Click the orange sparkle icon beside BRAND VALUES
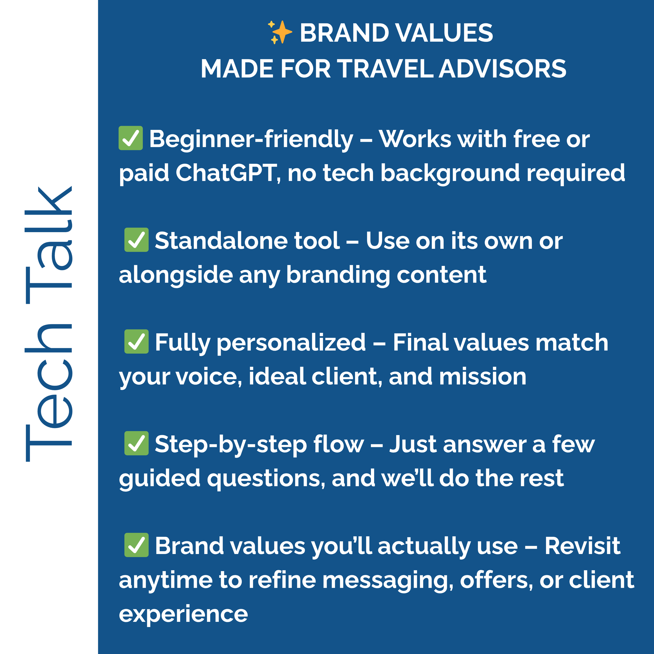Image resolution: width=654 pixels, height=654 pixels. point(280,32)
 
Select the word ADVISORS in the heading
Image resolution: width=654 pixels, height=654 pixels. point(503,69)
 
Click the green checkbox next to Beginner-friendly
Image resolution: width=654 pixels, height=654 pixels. point(131,138)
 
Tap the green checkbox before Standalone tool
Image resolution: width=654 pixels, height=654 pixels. point(137,240)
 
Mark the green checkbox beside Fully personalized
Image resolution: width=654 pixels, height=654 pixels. point(137,341)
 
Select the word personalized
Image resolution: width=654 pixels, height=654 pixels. point(291,343)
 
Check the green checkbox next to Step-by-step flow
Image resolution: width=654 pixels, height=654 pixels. point(137,443)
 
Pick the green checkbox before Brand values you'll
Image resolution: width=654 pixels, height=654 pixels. point(137,545)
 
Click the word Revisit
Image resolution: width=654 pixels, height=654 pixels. point(582,546)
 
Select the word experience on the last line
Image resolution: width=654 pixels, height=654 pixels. point(183,614)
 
